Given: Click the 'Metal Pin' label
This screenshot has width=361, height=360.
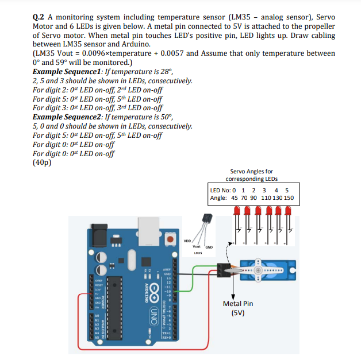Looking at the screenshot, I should tap(237, 304).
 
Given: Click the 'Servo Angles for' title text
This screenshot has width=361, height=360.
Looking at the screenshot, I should tap(251, 171).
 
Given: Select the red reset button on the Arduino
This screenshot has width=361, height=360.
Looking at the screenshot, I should tap(170, 238).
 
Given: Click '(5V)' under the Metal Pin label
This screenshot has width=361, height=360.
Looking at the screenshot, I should tap(237, 313).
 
